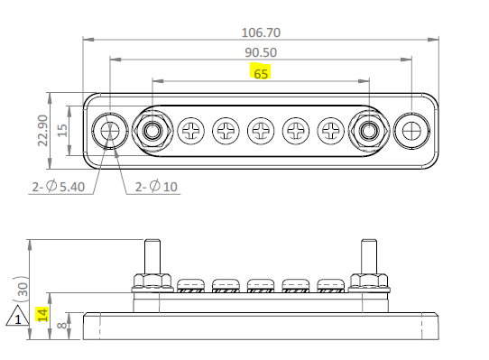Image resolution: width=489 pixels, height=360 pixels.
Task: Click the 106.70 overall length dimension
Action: [x=261, y=32]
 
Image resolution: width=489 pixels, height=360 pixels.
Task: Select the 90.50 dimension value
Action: [x=261, y=52]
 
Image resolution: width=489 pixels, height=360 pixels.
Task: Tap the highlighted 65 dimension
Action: [x=261, y=74]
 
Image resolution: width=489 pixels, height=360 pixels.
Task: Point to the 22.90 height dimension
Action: [x=42, y=131]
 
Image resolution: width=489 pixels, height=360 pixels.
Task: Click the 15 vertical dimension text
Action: [x=62, y=131]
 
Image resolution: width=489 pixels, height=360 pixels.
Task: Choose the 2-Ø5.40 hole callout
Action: [x=59, y=187]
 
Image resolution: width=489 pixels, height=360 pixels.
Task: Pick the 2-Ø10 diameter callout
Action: [x=156, y=187]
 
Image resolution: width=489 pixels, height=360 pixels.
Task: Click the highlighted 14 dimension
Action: [x=42, y=315]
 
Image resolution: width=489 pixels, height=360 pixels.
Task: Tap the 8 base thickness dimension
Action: [x=62, y=326]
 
